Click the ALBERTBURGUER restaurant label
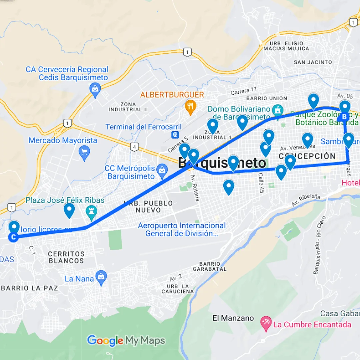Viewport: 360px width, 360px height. tap(172, 95)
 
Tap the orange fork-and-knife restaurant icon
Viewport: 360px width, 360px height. tap(190, 107)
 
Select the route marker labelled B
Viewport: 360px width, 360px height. tap(344, 117)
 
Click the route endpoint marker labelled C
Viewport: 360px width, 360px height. tap(13, 237)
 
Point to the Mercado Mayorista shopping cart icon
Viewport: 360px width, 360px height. tap(84, 153)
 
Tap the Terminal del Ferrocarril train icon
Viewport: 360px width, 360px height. tap(174, 134)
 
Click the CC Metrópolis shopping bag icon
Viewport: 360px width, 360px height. tap(162, 169)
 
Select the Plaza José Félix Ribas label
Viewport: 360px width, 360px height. tap(65, 200)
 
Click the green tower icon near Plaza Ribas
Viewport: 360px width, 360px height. tap(91, 211)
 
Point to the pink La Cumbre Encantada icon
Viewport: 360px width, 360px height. tap(266, 323)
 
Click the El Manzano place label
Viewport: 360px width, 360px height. tap(233, 318)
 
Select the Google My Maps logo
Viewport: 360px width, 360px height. tap(126, 341)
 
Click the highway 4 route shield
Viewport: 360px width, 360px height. tap(134, 147)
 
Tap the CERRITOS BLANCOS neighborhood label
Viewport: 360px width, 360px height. tap(66, 257)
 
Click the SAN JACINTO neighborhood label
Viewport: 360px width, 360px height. tap(313, 62)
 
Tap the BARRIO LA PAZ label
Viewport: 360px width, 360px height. tap(30, 288)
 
